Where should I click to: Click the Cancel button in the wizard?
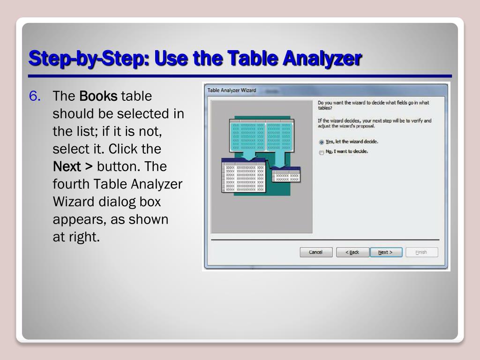pos(316,252)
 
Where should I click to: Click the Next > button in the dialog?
pos(386,252)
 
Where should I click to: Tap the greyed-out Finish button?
pos(421,252)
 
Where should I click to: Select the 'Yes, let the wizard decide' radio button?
pos(322,142)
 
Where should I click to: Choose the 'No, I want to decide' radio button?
pos(322,152)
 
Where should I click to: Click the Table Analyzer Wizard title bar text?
pos(232,90)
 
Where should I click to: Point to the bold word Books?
pos(98,96)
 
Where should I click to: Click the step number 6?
pos(35,96)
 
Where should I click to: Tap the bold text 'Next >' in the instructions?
pos(73,166)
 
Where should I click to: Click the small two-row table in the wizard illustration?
pos(286,174)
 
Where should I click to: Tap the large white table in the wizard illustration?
pos(244,175)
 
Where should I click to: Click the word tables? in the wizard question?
pos(325,108)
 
